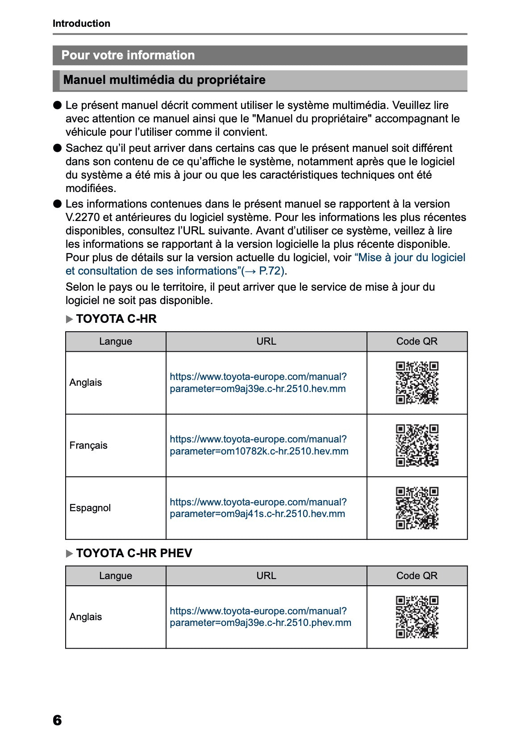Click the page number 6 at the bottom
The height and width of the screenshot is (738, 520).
click(x=57, y=720)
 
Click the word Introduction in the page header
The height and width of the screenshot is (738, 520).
click(x=81, y=24)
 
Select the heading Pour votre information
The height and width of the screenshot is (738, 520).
click(x=128, y=55)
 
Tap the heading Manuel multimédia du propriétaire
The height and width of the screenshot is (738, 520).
click(x=164, y=80)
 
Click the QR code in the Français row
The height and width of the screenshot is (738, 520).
click(x=417, y=445)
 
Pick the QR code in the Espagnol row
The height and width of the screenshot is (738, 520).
click(x=417, y=508)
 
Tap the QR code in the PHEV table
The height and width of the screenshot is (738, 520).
click(x=417, y=617)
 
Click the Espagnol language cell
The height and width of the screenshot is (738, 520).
click(x=90, y=508)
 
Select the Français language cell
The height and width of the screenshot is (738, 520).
click(x=88, y=446)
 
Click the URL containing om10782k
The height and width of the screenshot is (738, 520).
click(x=259, y=445)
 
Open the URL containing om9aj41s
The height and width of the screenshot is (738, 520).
click(x=258, y=508)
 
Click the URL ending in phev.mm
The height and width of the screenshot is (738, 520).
click(x=260, y=617)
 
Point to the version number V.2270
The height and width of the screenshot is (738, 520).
click(x=83, y=217)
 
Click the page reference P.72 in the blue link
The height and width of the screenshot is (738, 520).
click(x=271, y=271)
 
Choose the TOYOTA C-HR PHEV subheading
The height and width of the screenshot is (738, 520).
click(x=134, y=553)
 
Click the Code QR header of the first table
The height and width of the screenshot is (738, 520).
click(x=417, y=342)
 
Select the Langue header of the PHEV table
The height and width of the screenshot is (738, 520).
click(x=116, y=576)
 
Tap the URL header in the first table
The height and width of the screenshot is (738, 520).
click(x=266, y=342)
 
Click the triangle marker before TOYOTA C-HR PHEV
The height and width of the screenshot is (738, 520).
click(x=69, y=554)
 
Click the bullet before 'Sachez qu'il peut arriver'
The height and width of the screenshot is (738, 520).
click(x=57, y=148)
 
